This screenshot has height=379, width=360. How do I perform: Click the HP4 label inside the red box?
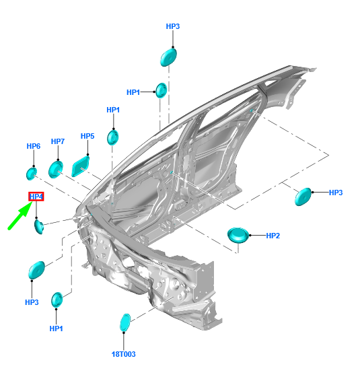36,197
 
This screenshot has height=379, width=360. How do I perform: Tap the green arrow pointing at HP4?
20,217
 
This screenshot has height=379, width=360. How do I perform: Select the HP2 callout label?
273,236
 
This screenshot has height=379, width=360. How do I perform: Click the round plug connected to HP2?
238,235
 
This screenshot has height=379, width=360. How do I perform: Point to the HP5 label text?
87,137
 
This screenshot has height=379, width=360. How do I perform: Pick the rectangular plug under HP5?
81,165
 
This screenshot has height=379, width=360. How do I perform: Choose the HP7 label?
58,142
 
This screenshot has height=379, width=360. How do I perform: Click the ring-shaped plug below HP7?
55,168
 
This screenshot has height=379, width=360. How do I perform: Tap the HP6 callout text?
34,146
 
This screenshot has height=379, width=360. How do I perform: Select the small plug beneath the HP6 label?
32,174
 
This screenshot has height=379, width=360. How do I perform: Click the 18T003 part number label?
124,353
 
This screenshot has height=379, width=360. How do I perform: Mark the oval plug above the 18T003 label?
124,322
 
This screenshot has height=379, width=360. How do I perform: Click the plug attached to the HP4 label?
40,226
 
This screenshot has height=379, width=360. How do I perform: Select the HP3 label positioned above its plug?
173,26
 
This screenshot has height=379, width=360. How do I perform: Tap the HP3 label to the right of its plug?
336,193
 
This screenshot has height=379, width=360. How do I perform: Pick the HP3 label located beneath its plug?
32,302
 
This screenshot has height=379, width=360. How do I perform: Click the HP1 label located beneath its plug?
57,329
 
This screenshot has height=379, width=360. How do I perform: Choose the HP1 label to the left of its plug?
133,92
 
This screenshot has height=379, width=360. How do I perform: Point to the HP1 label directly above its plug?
113,110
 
